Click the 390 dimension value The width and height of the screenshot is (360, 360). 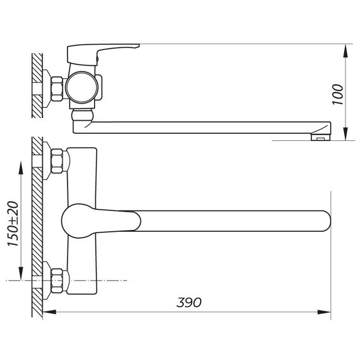pyautogui.click(x=189, y=303)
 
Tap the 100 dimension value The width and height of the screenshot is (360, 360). pyautogui.click(x=338, y=94)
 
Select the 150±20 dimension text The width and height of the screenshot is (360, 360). pyautogui.click(x=13, y=224)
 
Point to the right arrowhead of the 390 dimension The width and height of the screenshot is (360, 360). pyautogui.click(x=324, y=312)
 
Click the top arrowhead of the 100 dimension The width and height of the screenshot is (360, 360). pyautogui.click(x=345, y=51)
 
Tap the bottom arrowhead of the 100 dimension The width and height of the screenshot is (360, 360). pyautogui.click(x=345, y=133)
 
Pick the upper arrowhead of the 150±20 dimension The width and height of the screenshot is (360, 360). pyautogui.click(x=21, y=168)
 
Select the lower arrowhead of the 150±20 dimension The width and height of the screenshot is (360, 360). pyautogui.click(x=21, y=273)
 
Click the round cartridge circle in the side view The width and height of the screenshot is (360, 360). pyautogui.click(x=81, y=87)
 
